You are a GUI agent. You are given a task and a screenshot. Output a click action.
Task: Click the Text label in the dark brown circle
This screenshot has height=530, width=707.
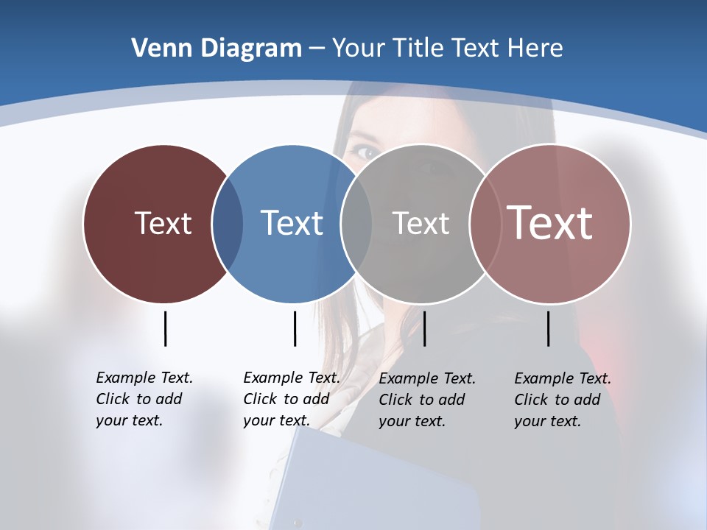click(x=163, y=223)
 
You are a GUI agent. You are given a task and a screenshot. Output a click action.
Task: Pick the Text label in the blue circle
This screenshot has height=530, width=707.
click(x=292, y=223)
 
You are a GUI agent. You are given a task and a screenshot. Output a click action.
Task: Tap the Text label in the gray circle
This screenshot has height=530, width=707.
click(x=421, y=223)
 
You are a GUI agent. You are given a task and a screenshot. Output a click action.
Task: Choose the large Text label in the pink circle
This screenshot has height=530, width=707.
click(x=550, y=223)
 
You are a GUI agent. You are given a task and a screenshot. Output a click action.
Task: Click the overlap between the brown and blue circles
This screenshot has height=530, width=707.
click(x=228, y=224)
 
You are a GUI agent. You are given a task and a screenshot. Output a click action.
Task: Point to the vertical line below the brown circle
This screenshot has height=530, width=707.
click(x=165, y=328)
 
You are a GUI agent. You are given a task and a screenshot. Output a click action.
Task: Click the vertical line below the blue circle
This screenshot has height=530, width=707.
click(x=295, y=328)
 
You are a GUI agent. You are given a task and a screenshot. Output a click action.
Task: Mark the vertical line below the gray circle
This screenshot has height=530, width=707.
click(x=424, y=328)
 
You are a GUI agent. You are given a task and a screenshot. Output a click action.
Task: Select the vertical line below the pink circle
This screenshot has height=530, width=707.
click(x=548, y=328)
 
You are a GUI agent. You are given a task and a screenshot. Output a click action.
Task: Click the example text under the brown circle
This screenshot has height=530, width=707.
click(x=144, y=399)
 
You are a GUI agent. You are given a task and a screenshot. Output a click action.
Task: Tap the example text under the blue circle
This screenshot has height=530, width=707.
click(x=291, y=399)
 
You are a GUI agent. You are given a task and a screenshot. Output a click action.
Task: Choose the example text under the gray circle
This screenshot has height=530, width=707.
click(x=426, y=400)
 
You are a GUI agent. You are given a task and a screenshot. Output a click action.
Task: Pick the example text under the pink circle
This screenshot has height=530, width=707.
click(x=562, y=400)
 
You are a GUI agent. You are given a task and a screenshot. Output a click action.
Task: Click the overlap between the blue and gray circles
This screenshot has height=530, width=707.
click(x=356, y=224)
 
